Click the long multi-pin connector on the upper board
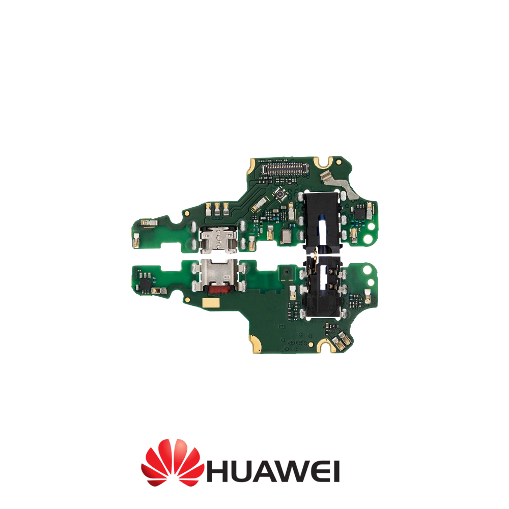point(287,168)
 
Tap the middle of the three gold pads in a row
point(217,208)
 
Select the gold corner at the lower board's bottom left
point(255,346)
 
